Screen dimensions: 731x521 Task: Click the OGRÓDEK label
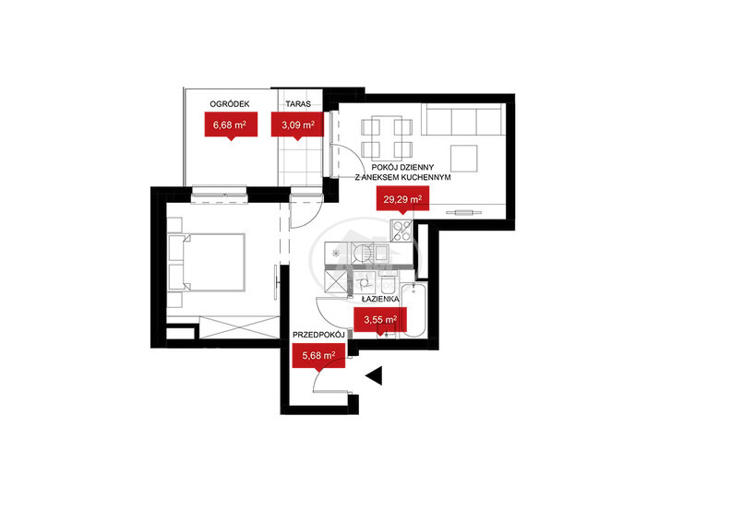coord(230,104)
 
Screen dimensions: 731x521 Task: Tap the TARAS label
coord(298,104)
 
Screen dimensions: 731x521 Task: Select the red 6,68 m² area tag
coord(231,124)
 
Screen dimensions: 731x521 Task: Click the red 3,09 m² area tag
coord(297,124)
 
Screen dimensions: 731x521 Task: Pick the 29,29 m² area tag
coord(402,199)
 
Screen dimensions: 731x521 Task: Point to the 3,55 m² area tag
coord(380,320)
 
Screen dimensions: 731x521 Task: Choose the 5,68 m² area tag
coord(318,356)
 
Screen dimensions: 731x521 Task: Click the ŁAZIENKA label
coord(380,300)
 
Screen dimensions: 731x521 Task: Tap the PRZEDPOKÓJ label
coord(318,335)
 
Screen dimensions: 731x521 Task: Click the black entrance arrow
coord(375,375)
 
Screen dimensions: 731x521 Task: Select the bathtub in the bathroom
coord(414,310)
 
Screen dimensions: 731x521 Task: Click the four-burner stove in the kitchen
coord(401,231)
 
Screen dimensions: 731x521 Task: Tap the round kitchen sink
coord(362,254)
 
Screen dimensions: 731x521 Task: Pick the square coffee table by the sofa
coord(464,159)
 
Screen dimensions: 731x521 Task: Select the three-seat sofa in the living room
coord(463,119)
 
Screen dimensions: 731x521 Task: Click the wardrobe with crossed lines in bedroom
coord(239,327)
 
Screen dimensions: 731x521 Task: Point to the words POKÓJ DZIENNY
coord(402,167)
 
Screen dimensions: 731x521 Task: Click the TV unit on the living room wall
coord(464,213)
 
